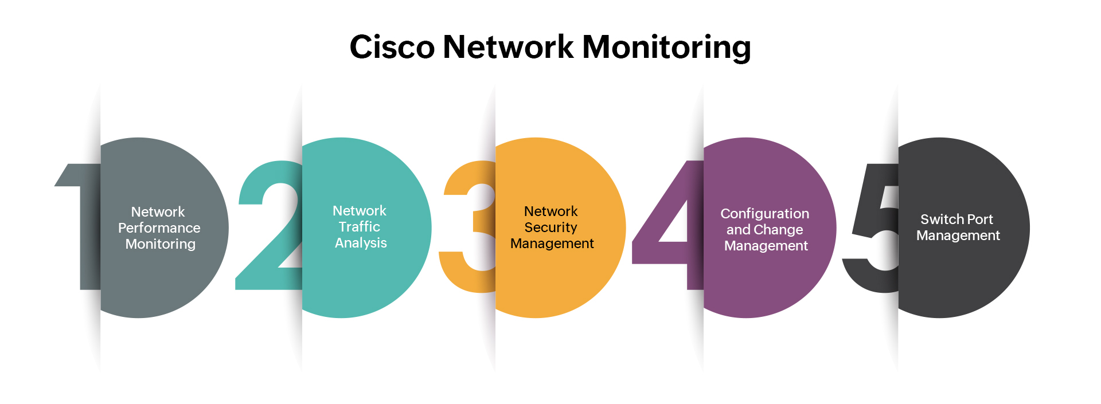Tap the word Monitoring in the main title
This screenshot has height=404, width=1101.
(666, 47)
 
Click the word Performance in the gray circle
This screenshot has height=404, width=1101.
(159, 228)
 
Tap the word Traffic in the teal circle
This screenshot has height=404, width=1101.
(359, 227)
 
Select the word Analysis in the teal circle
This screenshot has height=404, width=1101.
(361, 243)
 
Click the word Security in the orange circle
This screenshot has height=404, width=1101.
(550, 228)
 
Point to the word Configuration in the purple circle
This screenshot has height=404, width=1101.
(764, 214)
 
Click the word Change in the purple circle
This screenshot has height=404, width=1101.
(778, 230)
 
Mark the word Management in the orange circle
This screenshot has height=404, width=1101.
(552, 244)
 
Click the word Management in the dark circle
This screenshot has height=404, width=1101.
(958, 236)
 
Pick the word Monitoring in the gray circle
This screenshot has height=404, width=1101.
(160, 244)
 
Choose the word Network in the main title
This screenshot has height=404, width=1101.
(507, 47)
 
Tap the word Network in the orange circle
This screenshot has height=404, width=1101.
(550, 211)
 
